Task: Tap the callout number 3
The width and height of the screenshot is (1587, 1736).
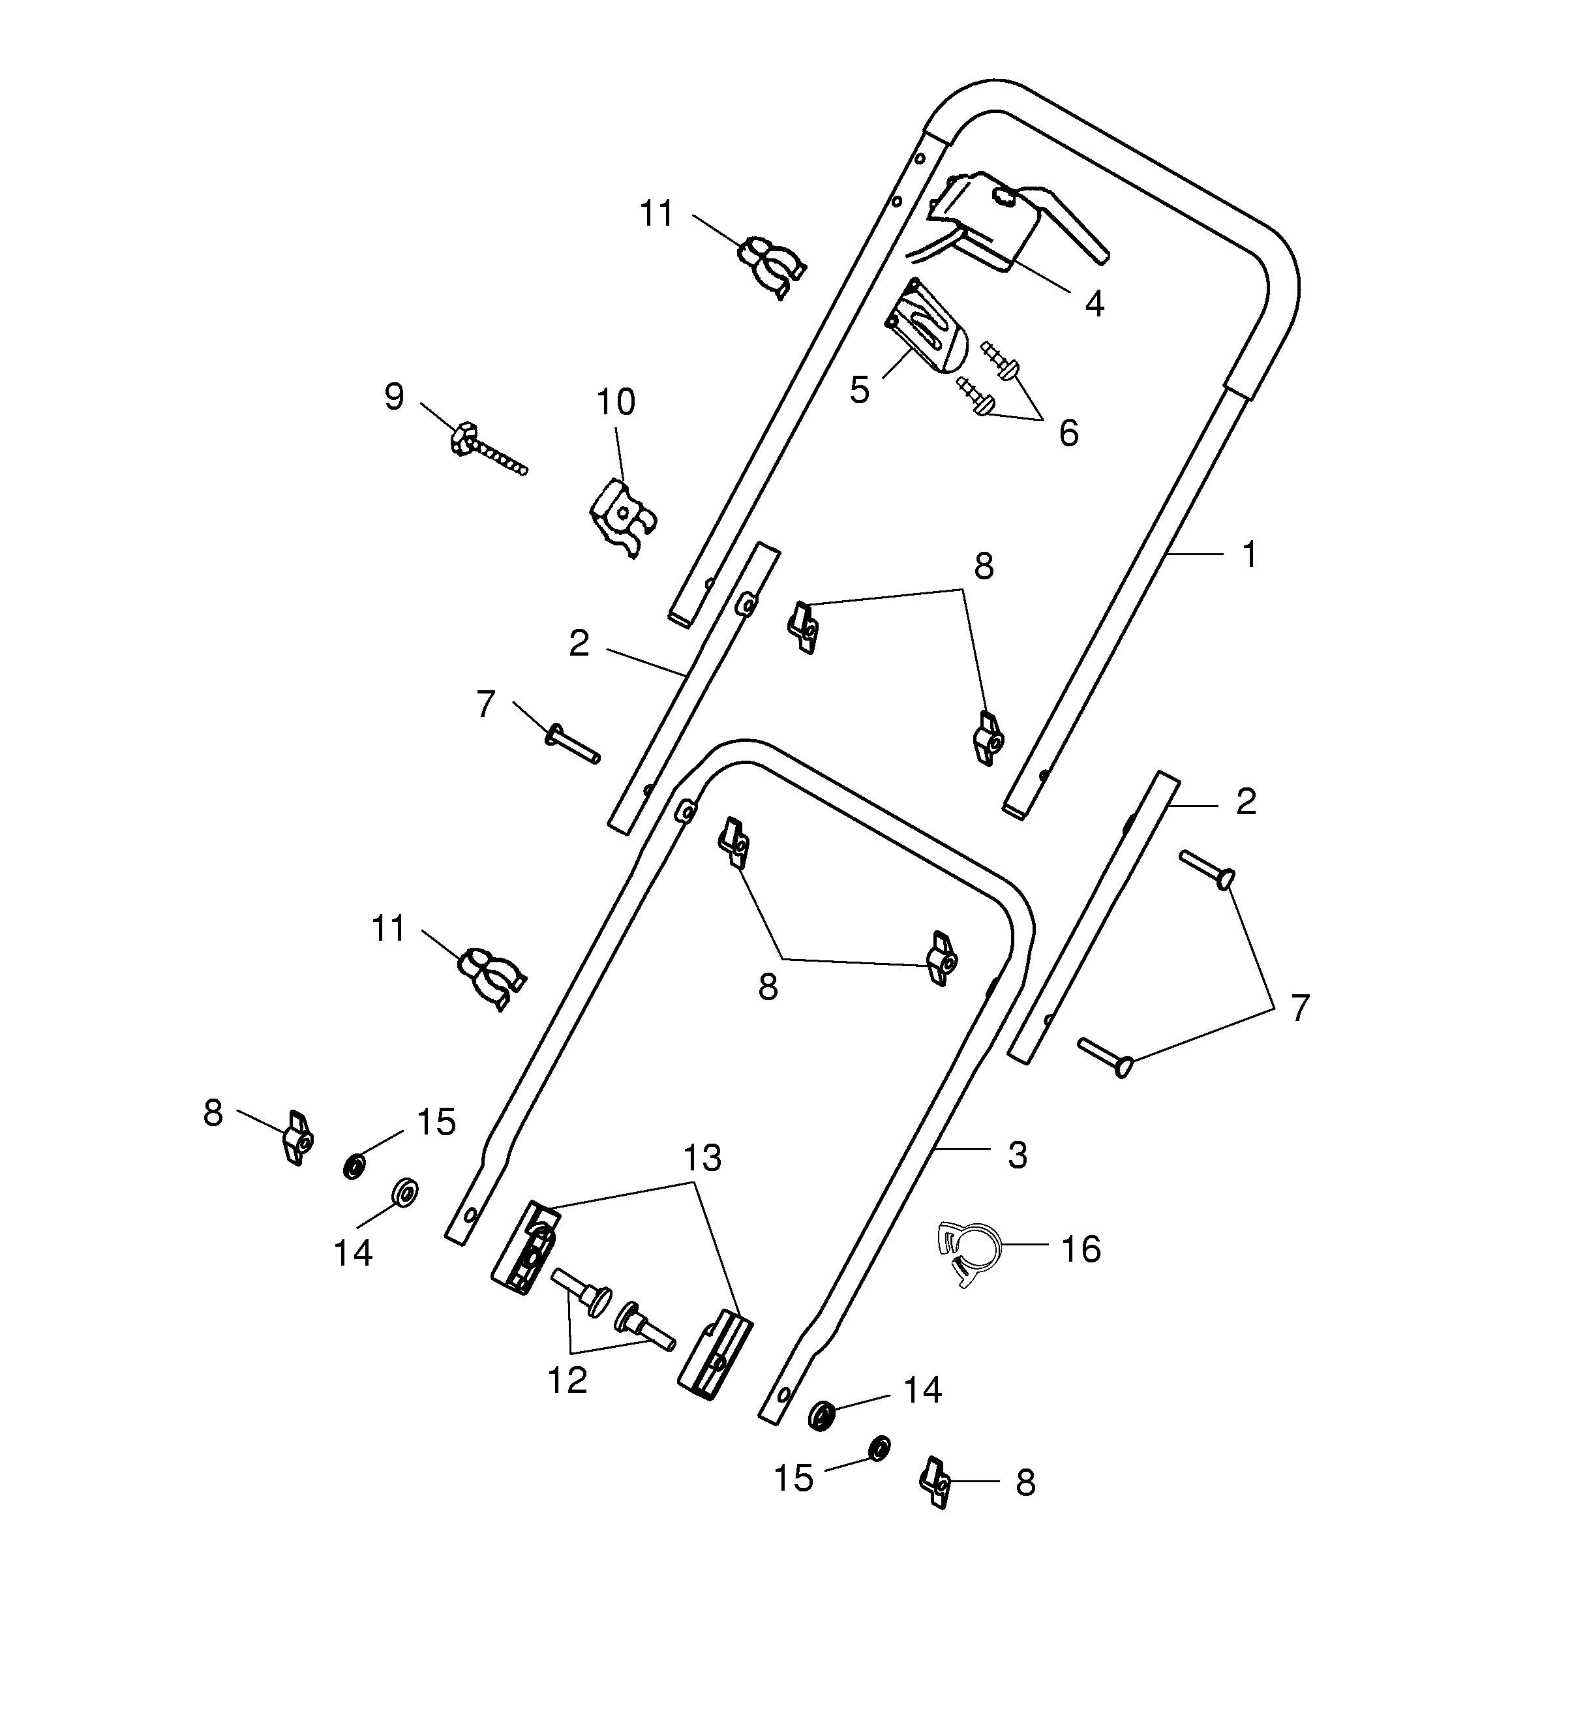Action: (x=1018, y=1155)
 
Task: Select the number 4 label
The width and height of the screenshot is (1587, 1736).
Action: (x=1094, y=303)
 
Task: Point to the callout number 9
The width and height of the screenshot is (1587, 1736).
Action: (x=393, y=397)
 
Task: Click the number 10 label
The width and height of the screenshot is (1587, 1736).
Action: (x=616, y=402)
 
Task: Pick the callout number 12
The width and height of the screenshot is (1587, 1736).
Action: (x=567, y=1380)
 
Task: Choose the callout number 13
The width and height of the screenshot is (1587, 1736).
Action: (x=702, y=1158)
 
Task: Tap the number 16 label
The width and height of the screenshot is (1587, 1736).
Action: (x=1081, y=1249)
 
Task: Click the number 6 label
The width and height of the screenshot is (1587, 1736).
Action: (x=1068, y=434)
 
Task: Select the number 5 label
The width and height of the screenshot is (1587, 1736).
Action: (x=858, y=390)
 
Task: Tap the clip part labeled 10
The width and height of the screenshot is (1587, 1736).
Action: (x=622, y=517)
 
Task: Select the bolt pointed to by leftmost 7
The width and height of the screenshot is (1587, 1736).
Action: (x=572, y=745)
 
